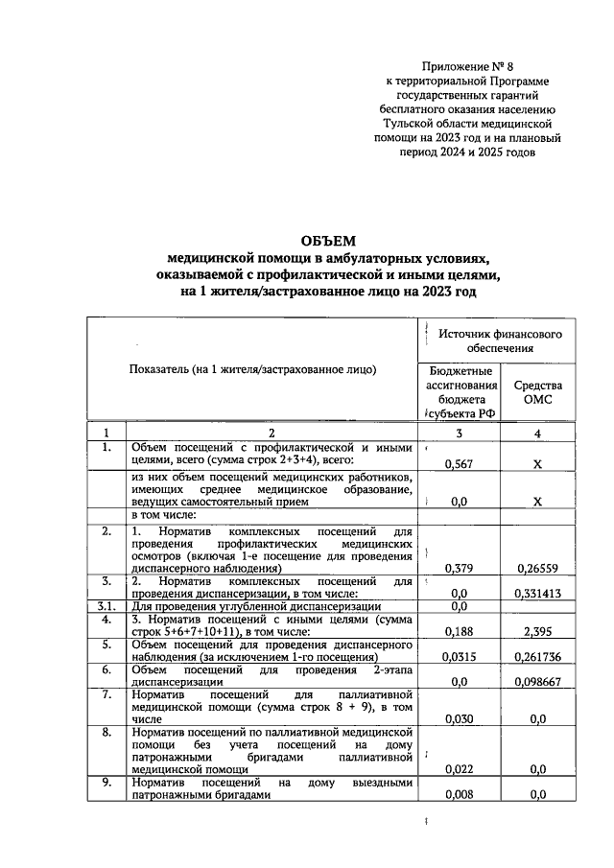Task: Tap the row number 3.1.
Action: click(x=107, y=607)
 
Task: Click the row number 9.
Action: click(x=107, y=783)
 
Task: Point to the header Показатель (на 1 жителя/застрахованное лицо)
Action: click(x=252, y=368)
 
